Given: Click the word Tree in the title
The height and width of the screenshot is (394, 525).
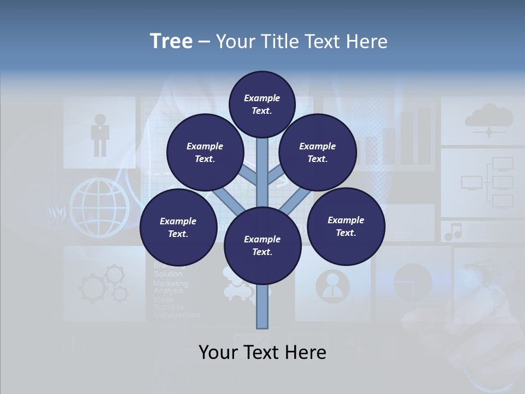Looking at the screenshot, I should [171, 42].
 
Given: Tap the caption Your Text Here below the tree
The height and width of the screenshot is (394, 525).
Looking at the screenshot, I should [262, 352].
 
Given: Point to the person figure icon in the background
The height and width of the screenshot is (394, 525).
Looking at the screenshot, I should [100, 134].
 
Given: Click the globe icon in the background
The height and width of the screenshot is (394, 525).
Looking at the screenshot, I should [99, 207].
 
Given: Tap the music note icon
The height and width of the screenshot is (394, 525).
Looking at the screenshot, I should [453, 232].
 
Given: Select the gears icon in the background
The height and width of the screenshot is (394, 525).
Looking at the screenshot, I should [104, 285].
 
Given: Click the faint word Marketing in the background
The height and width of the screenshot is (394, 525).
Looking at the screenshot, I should [170, 283].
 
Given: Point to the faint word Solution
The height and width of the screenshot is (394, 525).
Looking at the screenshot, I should [168, 274].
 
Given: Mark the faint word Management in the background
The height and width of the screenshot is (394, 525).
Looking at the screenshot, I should [177, 315].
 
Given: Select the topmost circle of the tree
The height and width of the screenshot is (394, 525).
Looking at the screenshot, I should [262, 104].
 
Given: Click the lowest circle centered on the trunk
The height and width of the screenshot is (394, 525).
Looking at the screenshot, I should [262, 246].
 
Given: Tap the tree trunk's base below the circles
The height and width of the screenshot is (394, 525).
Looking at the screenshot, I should [262, 312].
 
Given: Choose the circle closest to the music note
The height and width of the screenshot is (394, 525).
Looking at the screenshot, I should [346, 226].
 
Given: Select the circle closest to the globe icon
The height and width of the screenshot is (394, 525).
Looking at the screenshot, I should [178, 227].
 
